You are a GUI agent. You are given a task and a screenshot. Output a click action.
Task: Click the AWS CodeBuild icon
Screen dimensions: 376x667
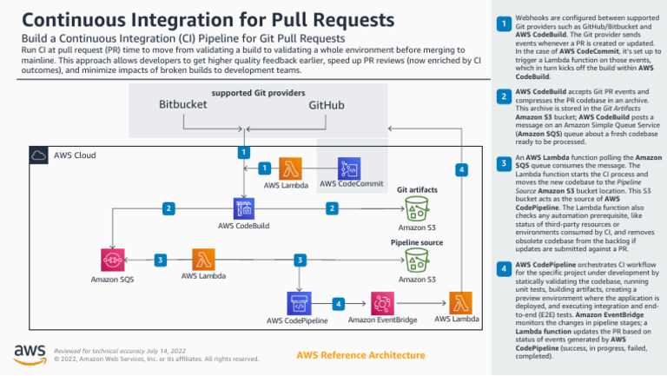click(x=243, y=208)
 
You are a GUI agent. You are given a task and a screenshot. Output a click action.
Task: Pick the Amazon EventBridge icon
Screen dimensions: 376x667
click(x=381, y=303)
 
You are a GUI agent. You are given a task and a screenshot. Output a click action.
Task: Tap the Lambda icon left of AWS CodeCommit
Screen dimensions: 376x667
click(x=289, y=168)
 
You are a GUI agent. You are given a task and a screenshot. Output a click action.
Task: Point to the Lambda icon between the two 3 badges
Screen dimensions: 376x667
click(x=205, y=260)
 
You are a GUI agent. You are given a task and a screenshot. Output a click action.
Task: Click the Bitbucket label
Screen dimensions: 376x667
click(x=183, y=105)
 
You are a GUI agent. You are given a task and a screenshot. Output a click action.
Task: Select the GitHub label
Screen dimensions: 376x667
click(x=327, y=105)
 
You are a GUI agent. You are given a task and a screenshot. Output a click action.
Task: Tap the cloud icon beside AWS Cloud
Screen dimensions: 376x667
click(x=40, y=155)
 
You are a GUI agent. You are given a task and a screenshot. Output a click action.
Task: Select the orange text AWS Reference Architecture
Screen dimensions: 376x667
click(x=360, y=355)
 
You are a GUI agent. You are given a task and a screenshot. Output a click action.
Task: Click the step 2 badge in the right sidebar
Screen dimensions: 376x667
click(x=503, y=97)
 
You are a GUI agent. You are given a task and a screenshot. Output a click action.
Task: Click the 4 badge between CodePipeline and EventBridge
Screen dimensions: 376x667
click(x=339, y=303)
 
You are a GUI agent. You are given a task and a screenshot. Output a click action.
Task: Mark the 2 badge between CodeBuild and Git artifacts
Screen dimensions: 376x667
click(x=331, y=208)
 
